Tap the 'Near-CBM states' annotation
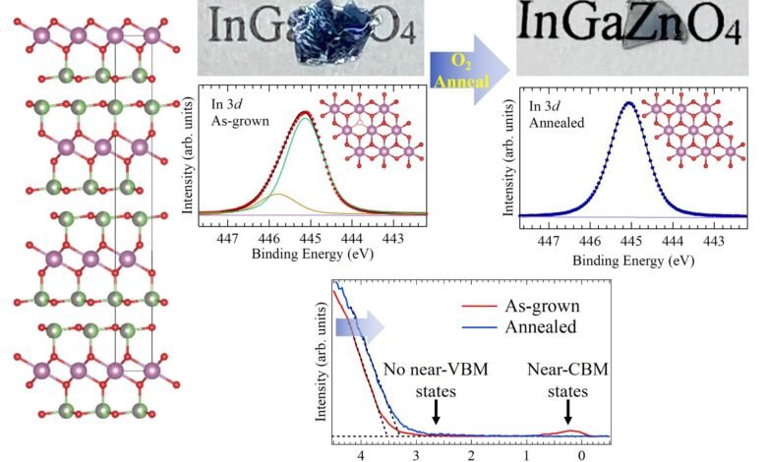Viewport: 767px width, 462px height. pyautogui.click(x=567, y=378)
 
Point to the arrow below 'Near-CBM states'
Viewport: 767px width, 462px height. pyautogui.click(x=567, y=415)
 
